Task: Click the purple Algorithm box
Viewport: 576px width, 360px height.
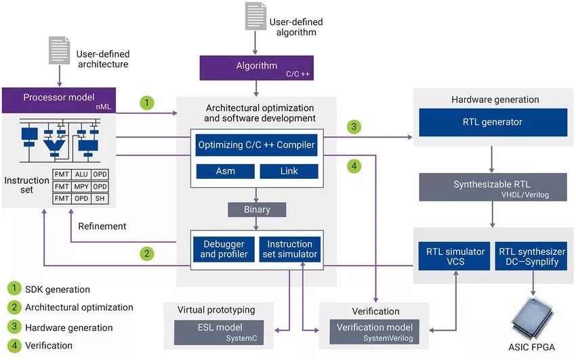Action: [x=256, y=67]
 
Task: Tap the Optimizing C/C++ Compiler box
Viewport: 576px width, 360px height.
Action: [x=257, y=144]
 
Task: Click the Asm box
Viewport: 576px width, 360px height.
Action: [x=225, y=171]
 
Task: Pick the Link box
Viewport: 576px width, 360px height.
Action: [x=289, y=171]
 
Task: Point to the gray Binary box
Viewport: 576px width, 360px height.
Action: [x=256, y=209]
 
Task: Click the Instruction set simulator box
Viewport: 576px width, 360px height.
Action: [x=289, y=249]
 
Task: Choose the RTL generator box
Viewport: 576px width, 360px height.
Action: [x=493, y=122]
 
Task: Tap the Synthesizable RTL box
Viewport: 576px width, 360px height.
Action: [x=493, y=187]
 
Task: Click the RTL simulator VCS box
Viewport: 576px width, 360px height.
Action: [x=455, y=256]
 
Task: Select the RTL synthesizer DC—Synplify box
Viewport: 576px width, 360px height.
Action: [x=531, y=256]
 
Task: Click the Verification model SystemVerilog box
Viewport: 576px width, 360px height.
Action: [x=375, y=332]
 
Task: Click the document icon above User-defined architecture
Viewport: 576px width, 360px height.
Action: [x=60, y=51]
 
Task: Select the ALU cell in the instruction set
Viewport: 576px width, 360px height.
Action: [x=81, y=174]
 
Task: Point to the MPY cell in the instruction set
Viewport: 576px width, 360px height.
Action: [x=81, y=186]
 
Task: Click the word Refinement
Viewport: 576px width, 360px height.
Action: [x=102, y=226]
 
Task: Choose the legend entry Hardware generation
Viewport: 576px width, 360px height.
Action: [x=68, y=327]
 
